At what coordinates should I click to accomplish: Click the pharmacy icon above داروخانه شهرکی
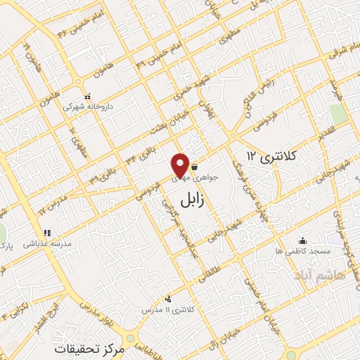(88, 96)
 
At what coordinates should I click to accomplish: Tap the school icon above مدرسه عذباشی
(47, 231)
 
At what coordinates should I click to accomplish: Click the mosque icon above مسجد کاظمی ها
(302, 240)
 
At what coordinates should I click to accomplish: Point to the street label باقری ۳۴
(141, 154)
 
